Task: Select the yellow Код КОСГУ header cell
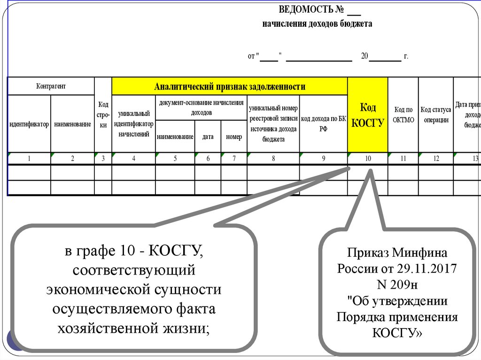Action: click(x=368, y=115)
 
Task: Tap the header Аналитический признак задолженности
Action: click(x=230, y=86)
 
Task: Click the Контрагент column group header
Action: click(x=51, y=86)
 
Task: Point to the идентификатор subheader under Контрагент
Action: click(x=29, y=124)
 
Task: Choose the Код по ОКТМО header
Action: click(x=403, y=115)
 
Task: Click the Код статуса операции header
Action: click(x=436, y=115)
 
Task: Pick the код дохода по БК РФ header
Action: click(x=323, y=124)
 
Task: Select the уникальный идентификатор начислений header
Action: click(x=134, y=124)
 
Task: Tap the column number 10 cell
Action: click(x=368, y=159)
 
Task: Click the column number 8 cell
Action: click(x=273, y=159)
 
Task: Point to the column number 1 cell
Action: click(x=29, y=159)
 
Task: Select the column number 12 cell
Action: click(x=436, y=159)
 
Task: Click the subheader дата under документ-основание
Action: click(x=208, y=137)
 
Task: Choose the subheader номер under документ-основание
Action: click(x=234, y=137)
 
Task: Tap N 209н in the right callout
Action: click(x=397, y=284)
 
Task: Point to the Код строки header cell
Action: click(x=103, y=115)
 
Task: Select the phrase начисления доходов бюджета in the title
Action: click(x=317, y=24)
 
